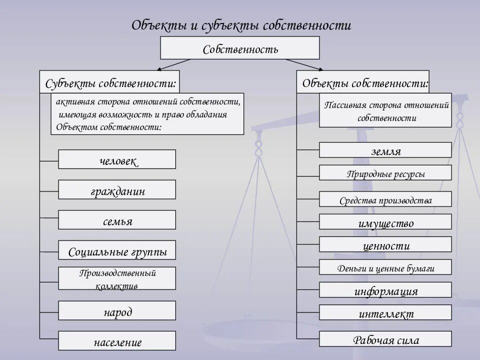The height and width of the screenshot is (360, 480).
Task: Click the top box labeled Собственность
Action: click(x=239, y=48)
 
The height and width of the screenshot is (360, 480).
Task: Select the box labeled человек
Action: click(x=117, y=159)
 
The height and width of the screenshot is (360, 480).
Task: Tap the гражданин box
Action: click(x=117, y=190)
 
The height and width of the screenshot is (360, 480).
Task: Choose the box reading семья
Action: click(x=117, y=220)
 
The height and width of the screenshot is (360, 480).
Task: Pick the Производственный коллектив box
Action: click(x=117, y=278)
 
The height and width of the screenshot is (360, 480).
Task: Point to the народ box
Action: click(x=117, y=311)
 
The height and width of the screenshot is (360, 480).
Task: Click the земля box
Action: click(x=385, y=150)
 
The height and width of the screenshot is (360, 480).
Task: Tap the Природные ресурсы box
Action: click(x=385, y=173)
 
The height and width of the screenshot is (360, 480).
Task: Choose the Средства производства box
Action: click(x=385, y=199)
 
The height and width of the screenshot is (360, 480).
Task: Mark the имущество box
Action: click(x=385, y=222)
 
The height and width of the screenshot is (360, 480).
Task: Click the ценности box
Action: click(x=385, y=245)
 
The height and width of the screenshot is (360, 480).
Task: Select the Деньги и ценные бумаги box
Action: click(x=385, y=267)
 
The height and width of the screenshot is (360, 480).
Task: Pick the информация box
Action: click(x=385, y=290)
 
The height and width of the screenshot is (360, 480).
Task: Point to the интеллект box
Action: click(x=385, y=313)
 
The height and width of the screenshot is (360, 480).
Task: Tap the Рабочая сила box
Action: click(x=385, y=339)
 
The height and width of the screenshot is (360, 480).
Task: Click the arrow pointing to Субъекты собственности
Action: click(x=173, y=64)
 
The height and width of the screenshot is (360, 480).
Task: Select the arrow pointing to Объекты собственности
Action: click(x=303, y=64)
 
